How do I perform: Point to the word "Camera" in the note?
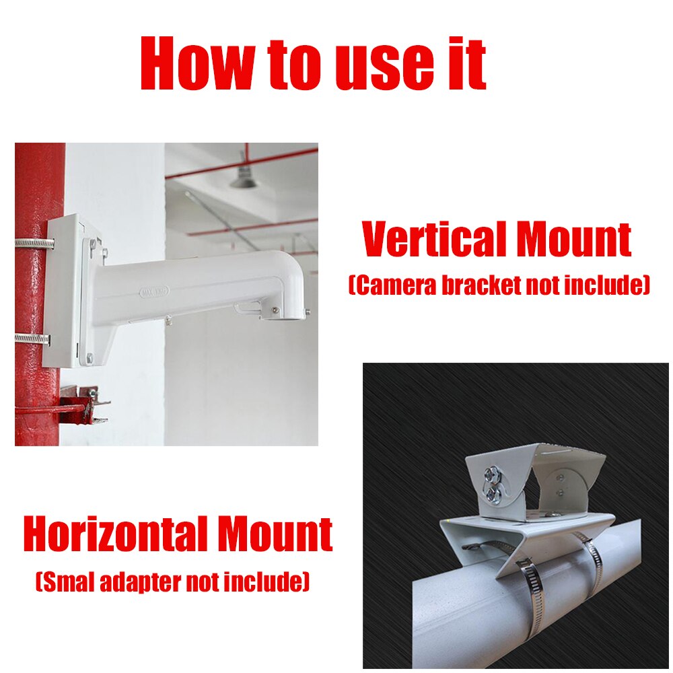394,285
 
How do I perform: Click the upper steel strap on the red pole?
35,244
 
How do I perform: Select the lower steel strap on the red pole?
32,339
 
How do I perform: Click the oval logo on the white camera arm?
155,292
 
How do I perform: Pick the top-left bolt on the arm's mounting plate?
93,244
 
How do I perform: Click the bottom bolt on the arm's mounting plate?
89,357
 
